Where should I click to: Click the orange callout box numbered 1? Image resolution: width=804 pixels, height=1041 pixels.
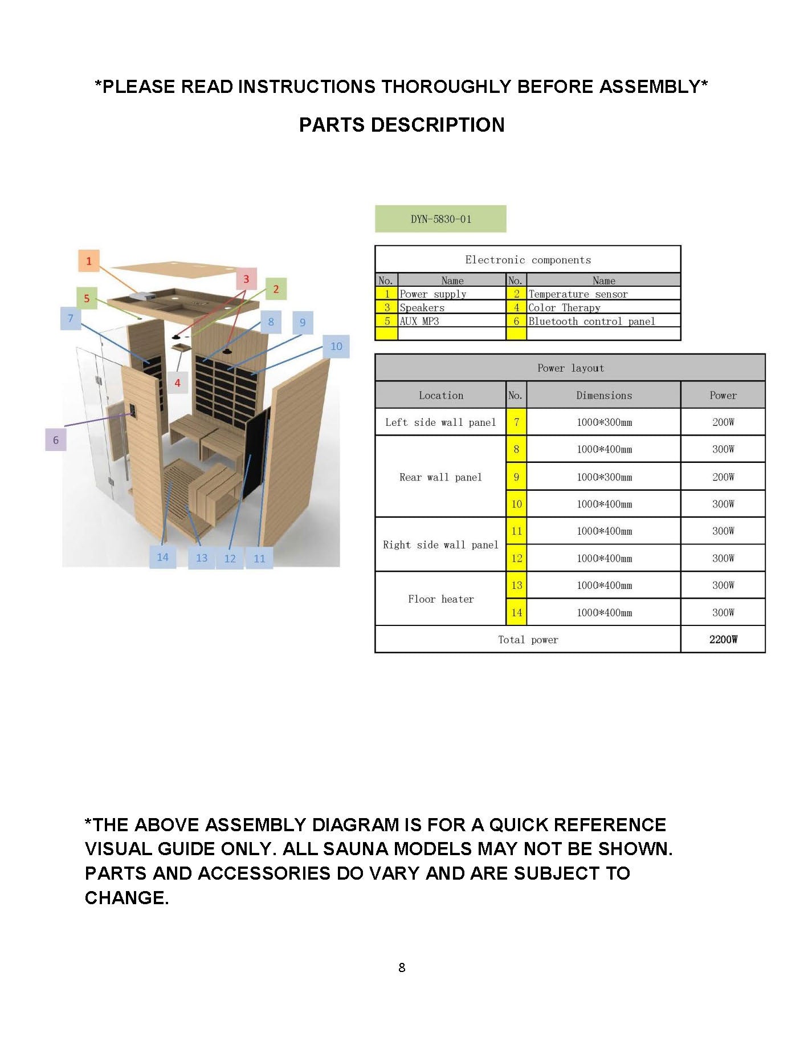click(88, 261)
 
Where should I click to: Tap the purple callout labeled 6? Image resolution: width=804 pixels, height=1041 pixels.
click(56, 440)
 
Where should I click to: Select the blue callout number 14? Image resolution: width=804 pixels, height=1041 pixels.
click(162, 557)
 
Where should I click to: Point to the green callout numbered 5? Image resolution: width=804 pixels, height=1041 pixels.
click(87, 298)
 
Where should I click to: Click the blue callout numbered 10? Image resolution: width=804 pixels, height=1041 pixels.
click(336, 346)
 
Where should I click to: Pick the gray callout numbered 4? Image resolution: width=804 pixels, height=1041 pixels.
click(177, 383)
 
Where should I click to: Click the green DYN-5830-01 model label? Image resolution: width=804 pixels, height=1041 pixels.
click(440, 219)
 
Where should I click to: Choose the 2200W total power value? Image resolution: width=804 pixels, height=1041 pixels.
click(723, 640)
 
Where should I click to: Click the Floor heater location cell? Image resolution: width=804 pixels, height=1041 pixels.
click(440, 599)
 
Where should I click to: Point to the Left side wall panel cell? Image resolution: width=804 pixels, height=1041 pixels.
click(440, 422)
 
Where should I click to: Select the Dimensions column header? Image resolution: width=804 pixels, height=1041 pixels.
click(604, 396)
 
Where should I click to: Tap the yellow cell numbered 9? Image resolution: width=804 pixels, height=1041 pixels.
click(516, 477)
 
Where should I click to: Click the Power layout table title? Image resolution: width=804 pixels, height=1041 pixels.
click(570, 368)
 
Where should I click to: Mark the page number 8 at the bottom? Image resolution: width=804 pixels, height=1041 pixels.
click(402, 967)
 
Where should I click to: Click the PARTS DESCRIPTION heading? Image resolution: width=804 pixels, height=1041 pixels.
click(402, 125)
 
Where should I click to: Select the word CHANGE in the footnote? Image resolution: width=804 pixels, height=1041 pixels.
click(126, 898)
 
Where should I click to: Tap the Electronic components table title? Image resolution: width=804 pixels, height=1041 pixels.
click(528, 260)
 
